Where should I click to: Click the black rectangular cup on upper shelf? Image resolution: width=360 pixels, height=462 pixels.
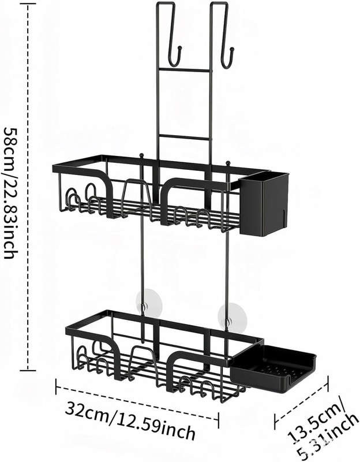[x=264, y=203]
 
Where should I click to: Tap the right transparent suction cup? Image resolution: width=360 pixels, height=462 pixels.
[x=232, y=314]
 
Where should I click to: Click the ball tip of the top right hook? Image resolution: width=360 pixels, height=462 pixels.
[x=232, y=49]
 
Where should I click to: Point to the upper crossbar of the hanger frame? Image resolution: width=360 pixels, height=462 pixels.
[x=184, y=69]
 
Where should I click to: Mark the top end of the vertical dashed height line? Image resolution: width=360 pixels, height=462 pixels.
[x=27, y=3]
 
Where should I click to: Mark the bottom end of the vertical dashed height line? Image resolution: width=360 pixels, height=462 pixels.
[x=27, y=370]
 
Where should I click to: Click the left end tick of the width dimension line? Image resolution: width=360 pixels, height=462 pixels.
[x=56, y=387]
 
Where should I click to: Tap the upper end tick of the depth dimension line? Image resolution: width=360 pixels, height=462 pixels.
[x=327, y=383]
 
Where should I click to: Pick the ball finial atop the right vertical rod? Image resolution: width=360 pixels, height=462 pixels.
[x=227, y=162]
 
